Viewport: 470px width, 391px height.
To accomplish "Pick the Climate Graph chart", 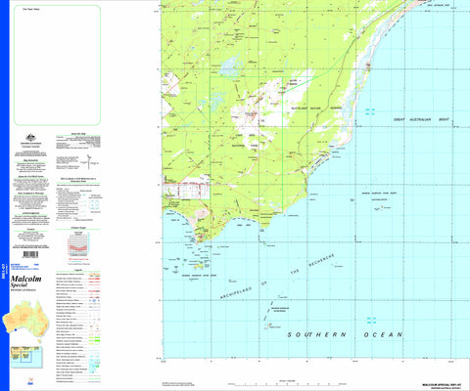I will [77, 244].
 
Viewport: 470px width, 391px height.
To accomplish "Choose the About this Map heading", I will [78, 131].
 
